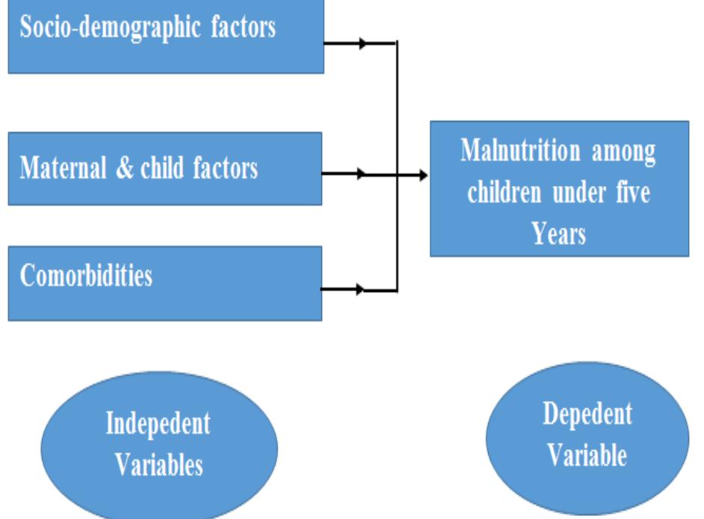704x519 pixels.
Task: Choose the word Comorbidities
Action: pyautogui.click(x=86, y=276)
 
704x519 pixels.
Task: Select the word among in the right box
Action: pyautogui.click(x=624, y=152)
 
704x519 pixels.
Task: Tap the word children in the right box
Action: pyautogui.click(x=506, y=193)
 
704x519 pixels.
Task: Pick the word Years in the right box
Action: pyautogui.click(x=559, y=234)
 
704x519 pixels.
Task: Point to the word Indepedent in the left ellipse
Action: pyautogui.click(x=158, y=424)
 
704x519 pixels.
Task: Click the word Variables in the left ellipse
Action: pyautogui.click(x=158, y=465)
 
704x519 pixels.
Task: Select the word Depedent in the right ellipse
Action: pyautogui.click(x=587, y=413)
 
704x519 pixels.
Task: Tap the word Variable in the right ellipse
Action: pyautogui.click(x=587, y=455)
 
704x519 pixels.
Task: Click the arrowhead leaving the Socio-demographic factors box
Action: pyautogui.click(x=364, y=44)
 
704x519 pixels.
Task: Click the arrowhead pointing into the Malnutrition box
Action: pyautogui.click(x=423, y=175)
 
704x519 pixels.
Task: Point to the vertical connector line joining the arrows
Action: pyautogui.click(x=397, y=112)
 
